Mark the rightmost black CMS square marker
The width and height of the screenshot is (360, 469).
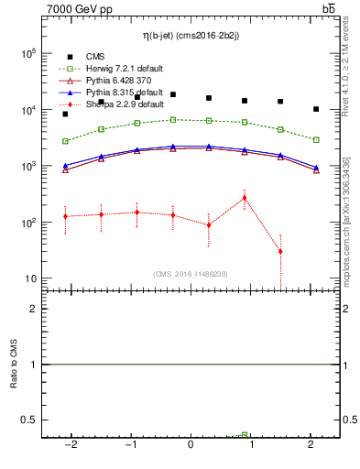(x=316, y=109)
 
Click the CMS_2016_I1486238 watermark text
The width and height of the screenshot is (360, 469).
(x=191, y=274)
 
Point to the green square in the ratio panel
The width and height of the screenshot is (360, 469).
(x=245, y=435)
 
